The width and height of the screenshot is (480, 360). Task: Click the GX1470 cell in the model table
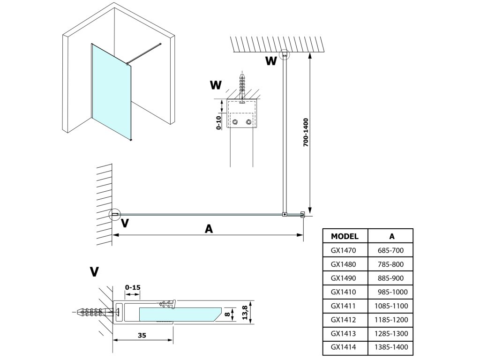tap(343, 250)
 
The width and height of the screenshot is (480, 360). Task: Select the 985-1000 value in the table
tap(392, 292)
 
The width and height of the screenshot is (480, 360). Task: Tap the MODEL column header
tap(345, 236)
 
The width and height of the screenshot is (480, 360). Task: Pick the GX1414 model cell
tap(343, 347)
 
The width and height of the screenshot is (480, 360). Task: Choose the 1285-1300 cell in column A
tap(391, 333)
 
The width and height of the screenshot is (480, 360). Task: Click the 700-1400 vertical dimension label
tap(306, 132)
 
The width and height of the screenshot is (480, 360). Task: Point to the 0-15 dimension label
tap(133, 287)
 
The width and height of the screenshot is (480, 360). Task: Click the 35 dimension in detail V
tap(142, 336)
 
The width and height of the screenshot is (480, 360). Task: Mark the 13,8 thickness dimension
tap(245, 313)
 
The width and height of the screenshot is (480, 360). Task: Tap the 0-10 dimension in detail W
tap(218, 123)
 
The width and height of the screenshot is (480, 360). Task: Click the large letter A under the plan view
tap(209, 229)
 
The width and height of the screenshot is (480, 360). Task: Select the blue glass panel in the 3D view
tap(112, 91)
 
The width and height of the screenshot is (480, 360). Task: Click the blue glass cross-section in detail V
tap(180, 315)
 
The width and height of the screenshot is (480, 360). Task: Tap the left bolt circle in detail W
tap(235, 122)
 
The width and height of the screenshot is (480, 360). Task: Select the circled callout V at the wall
tap(115, 215)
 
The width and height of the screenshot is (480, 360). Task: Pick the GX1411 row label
tap(343, 306)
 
